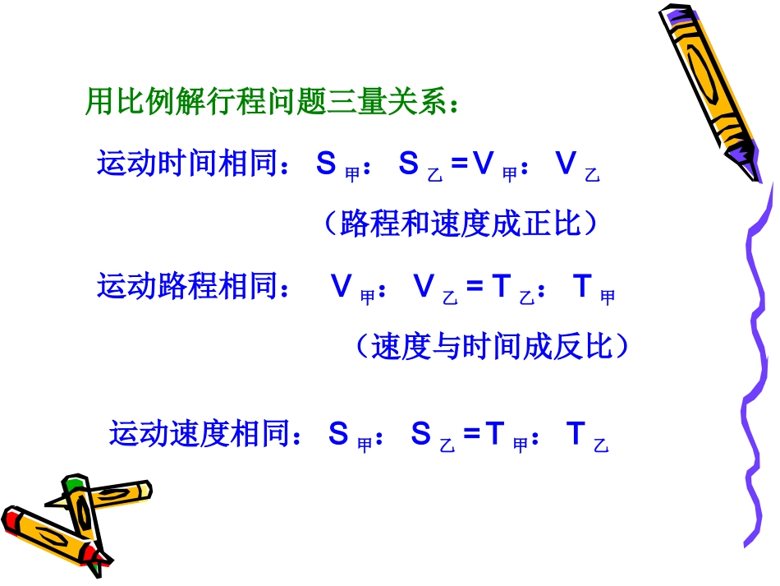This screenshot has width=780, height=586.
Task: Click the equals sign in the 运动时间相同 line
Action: pyautogui.click(x=460, y=164)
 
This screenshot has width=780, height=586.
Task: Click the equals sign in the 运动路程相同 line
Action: pyautogui.click(x=475, y=288)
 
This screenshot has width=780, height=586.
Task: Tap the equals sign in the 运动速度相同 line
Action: pyautogui.click(x=471, y=434)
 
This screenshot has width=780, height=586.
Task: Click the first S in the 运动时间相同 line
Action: pyautogui.click(x=326, y=164)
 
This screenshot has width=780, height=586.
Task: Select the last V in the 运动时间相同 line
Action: pyautogui.click(x=566, y=164)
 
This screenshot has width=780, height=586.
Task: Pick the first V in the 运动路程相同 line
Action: pyautogui.click(x=342, y=288)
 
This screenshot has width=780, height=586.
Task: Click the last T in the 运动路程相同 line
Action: pyautogui.click(x=583, y=288)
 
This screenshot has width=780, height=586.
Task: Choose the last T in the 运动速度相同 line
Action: pyautogui.click(x=576, y=434)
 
